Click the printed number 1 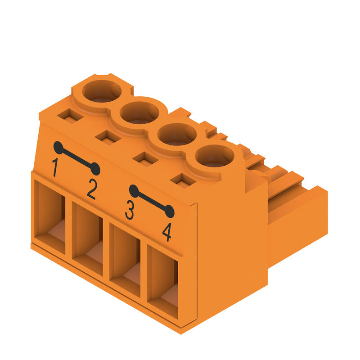coord(55,167)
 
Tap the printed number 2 coord(92,189)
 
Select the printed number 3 coord(130,210)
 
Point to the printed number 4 coord(167,232)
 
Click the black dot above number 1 coord(58,148)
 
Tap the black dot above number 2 coord(95,169)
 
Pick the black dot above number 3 coord(134,191)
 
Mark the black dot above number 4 coord(170,211)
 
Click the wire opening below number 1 coord(49,217)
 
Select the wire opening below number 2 coord(87,239)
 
